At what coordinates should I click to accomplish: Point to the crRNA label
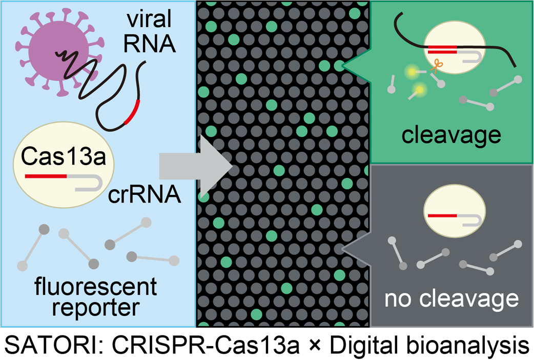(145, 195)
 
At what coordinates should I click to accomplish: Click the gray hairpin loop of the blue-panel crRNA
(94, 183)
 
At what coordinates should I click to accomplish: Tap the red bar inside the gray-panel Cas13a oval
(444, 216)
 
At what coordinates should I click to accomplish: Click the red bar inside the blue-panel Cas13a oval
(45, 176)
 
